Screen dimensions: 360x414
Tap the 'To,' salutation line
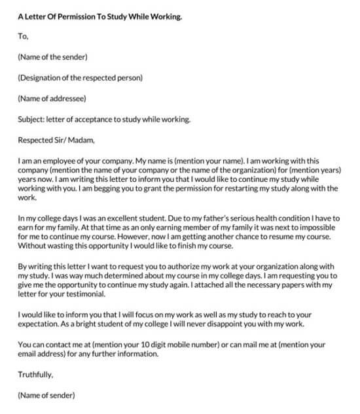pyautogui.click(x=24, y=37)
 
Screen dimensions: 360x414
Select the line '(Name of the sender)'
pyautogui.click(x=53, y=58)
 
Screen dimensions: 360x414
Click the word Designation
pyautogui.click(x=43, y=78)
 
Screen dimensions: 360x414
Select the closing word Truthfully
pyautogui.click(x=35, y=375)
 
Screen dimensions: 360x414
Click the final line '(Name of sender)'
pyautogui.click(x=46, y=395)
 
